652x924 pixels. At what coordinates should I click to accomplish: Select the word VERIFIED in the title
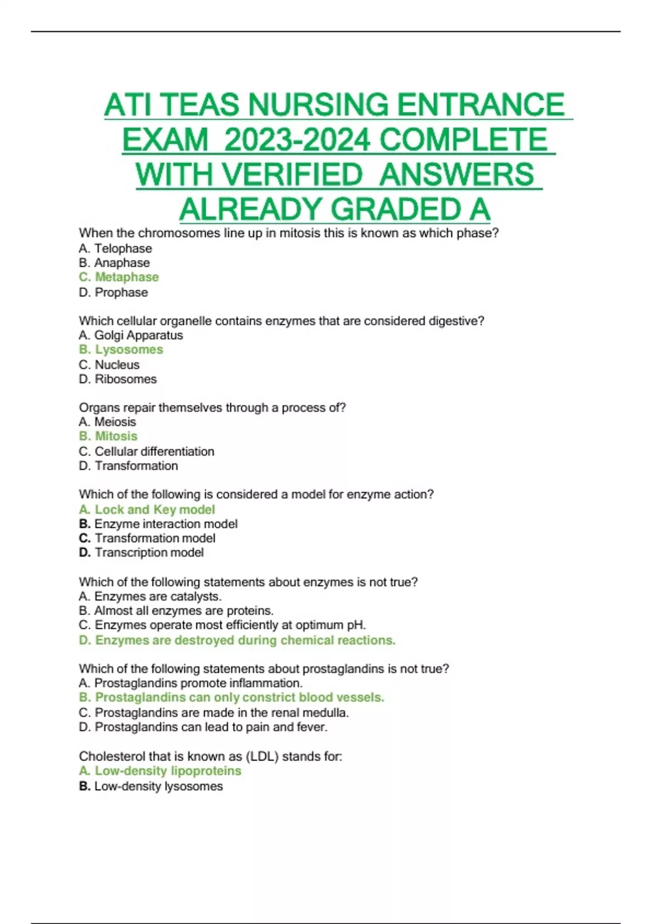pyautogui.click(x=292, y=175)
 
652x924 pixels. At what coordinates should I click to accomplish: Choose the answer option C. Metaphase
pyautogui.click(x=119, y=277)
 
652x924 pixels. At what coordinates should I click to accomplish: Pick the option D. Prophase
pyautogui.click(x=114, y=292)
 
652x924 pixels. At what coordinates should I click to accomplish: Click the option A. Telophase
pyautogui.click(x=115, y=248)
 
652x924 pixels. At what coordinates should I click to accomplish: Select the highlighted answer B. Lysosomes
pyautogui.click(x=121, y=349)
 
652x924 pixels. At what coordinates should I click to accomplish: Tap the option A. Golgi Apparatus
pyautogui.click(x=131, y=335)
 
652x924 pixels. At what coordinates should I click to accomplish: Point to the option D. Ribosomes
pyautogui.click(x=118, y=379)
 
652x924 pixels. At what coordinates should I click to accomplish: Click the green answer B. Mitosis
pyautogui.click(x=108, y=436)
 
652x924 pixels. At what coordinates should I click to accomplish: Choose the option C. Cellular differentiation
pyautogui.click(x=147, y=452)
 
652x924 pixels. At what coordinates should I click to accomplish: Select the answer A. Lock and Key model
pyautogui.click(x=147, y=510)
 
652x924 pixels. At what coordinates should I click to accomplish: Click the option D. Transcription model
pyautogui.click(x=141, y=553)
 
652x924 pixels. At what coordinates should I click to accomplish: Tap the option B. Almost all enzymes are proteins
pyautogui.click(x=176, y=611)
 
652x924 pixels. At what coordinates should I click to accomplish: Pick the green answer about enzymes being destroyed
pyautogui.click(x=237, y=640)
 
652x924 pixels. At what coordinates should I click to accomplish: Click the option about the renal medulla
pyautogui.click(x=214, y=713)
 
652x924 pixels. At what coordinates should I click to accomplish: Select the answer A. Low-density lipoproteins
pyautogui.click(x=160, y=771)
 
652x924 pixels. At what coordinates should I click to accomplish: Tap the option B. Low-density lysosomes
pyautogui.click(x=151, y=786)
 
